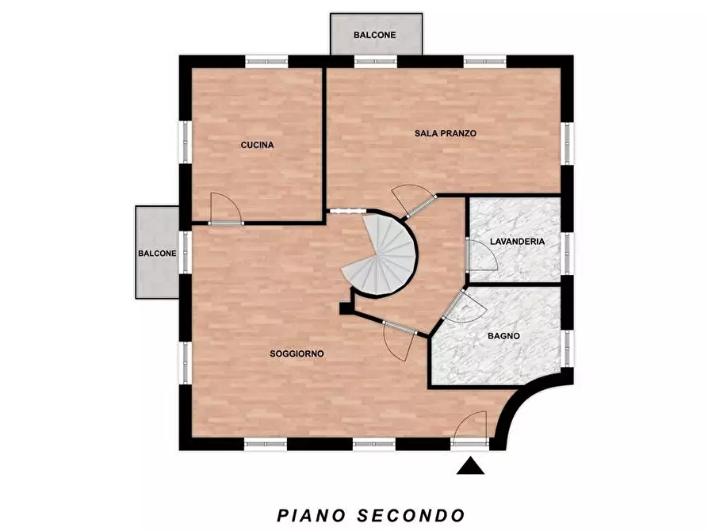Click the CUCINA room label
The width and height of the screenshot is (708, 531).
[x=257, y=145]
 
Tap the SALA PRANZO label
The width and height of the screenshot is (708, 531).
[x=446, y=133]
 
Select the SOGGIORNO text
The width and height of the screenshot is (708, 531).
[x=297, y=353]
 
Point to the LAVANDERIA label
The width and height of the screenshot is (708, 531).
[x=517, y=242]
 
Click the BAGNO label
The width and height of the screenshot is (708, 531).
[x=503, y=336]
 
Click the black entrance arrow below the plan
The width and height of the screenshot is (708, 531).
[x=470, y=465]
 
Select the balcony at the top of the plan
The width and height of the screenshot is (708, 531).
[x=376, y=34]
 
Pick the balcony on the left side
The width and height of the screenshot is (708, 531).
[x=157, y=252]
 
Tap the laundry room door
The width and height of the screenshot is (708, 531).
[x=481, y=254]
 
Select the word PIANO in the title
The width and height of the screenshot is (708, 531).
[x=311, y=515]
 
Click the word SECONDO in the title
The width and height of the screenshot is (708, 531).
[x=411, y=515]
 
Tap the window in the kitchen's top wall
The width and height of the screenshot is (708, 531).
[x=266, y=61]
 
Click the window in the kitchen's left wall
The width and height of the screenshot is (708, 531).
[x=186, y=141]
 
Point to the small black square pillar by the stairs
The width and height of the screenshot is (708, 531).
[x=346, y=308]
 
